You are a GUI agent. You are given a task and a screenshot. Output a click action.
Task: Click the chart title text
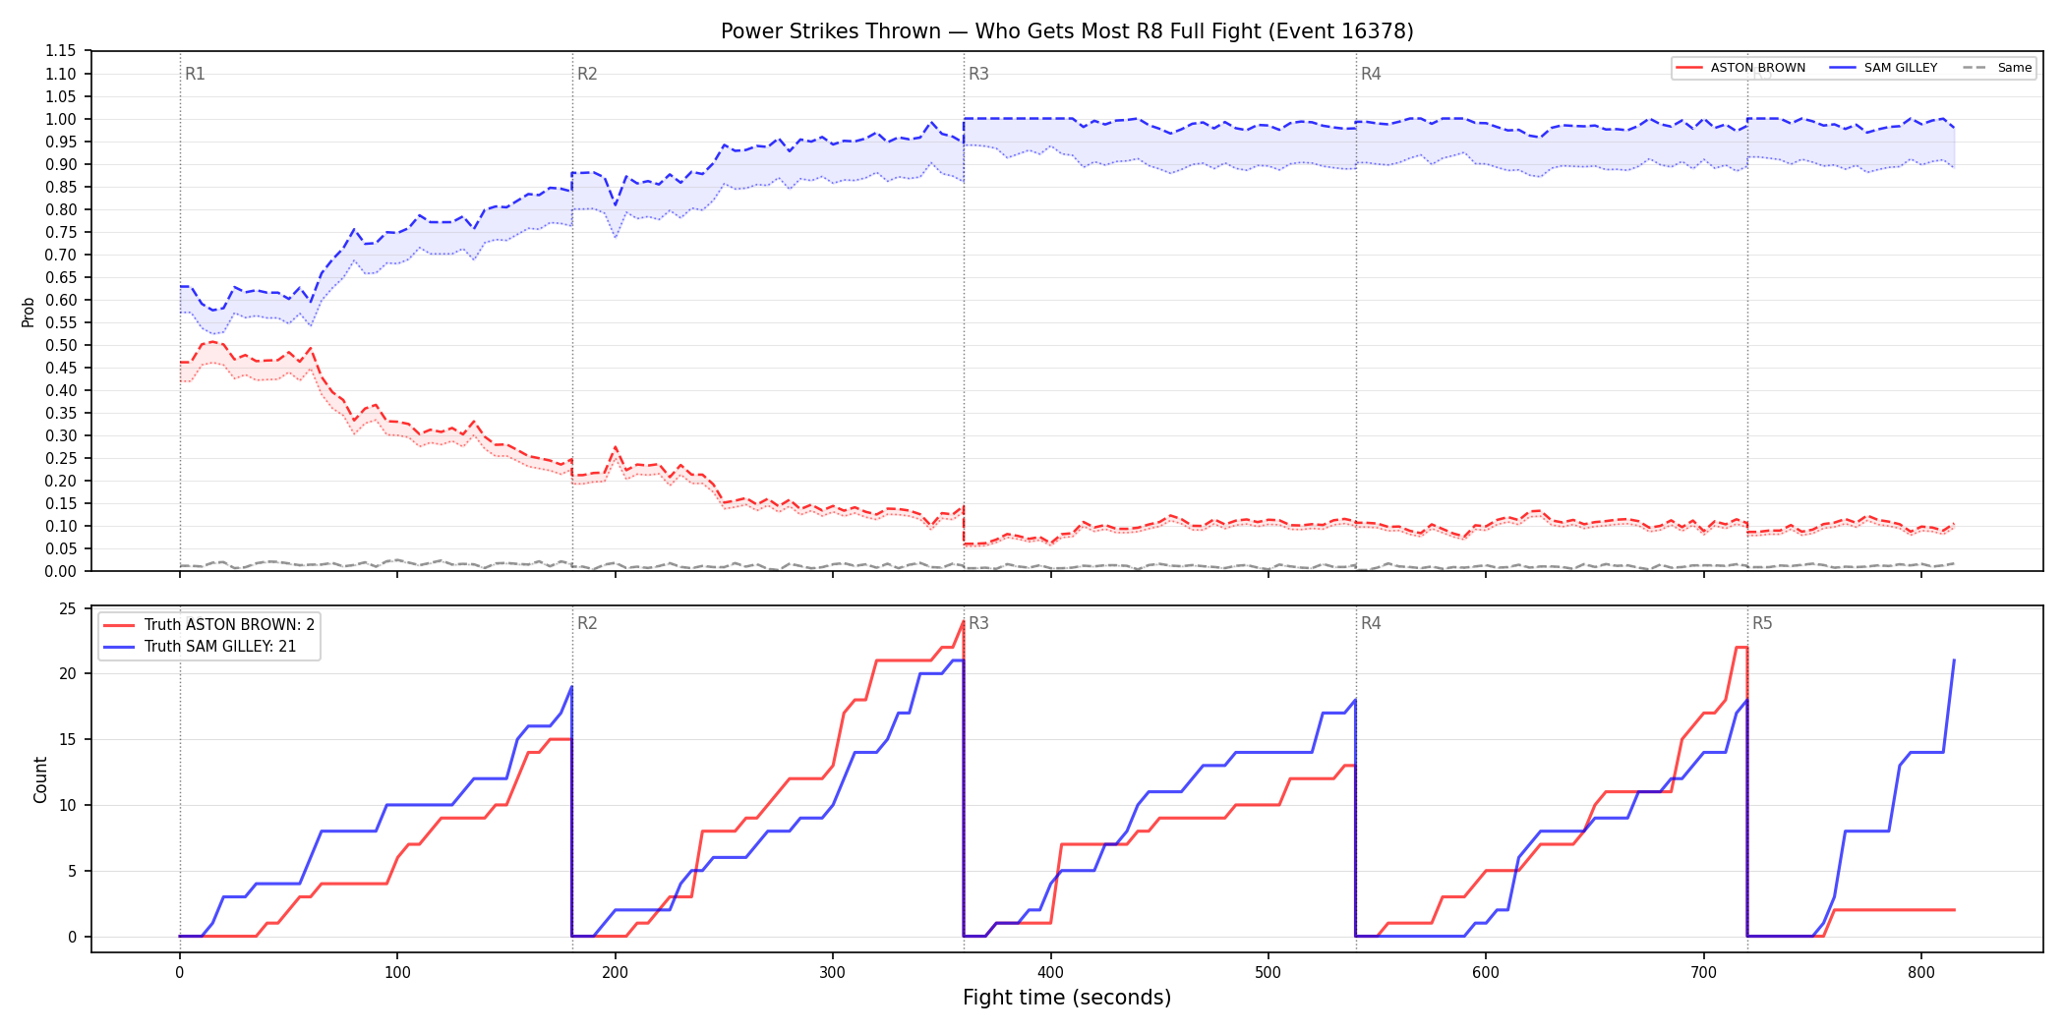[x=1067, y=31]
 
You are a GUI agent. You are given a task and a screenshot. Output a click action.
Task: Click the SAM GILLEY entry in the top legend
[x=1883, y=68]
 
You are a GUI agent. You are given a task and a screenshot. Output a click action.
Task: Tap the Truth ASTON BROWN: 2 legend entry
[x=209, y=625]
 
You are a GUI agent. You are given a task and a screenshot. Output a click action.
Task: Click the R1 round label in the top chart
[x=195, y=74]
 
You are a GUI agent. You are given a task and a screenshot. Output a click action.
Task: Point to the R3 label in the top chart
[x=978, y=74]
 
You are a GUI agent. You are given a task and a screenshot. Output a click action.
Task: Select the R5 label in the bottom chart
[x=1762, y=623]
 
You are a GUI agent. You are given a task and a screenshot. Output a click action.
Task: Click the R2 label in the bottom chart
[x=587, y=623]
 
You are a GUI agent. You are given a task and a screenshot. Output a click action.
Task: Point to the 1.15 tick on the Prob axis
[x=61, y=51]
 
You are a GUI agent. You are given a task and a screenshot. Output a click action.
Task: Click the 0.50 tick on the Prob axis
[x=61, y=345]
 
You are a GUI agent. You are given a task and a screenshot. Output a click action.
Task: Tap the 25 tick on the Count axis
[x=68, y=608]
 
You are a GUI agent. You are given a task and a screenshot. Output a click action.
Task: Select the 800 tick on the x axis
[x=1920, y=973]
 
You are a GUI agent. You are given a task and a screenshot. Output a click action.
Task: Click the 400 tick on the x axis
[x=1050, y=973]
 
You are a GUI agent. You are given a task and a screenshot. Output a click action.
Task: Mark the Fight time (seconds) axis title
[x=1067, y=998]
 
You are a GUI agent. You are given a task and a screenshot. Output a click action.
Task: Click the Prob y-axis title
[x=29, y=312]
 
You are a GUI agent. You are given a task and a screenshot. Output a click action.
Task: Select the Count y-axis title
[x=40, y=779]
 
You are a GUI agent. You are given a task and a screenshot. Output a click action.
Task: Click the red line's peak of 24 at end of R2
[x=963, y=621]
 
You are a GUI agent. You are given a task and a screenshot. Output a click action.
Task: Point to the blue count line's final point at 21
[x=1954, y=660]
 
